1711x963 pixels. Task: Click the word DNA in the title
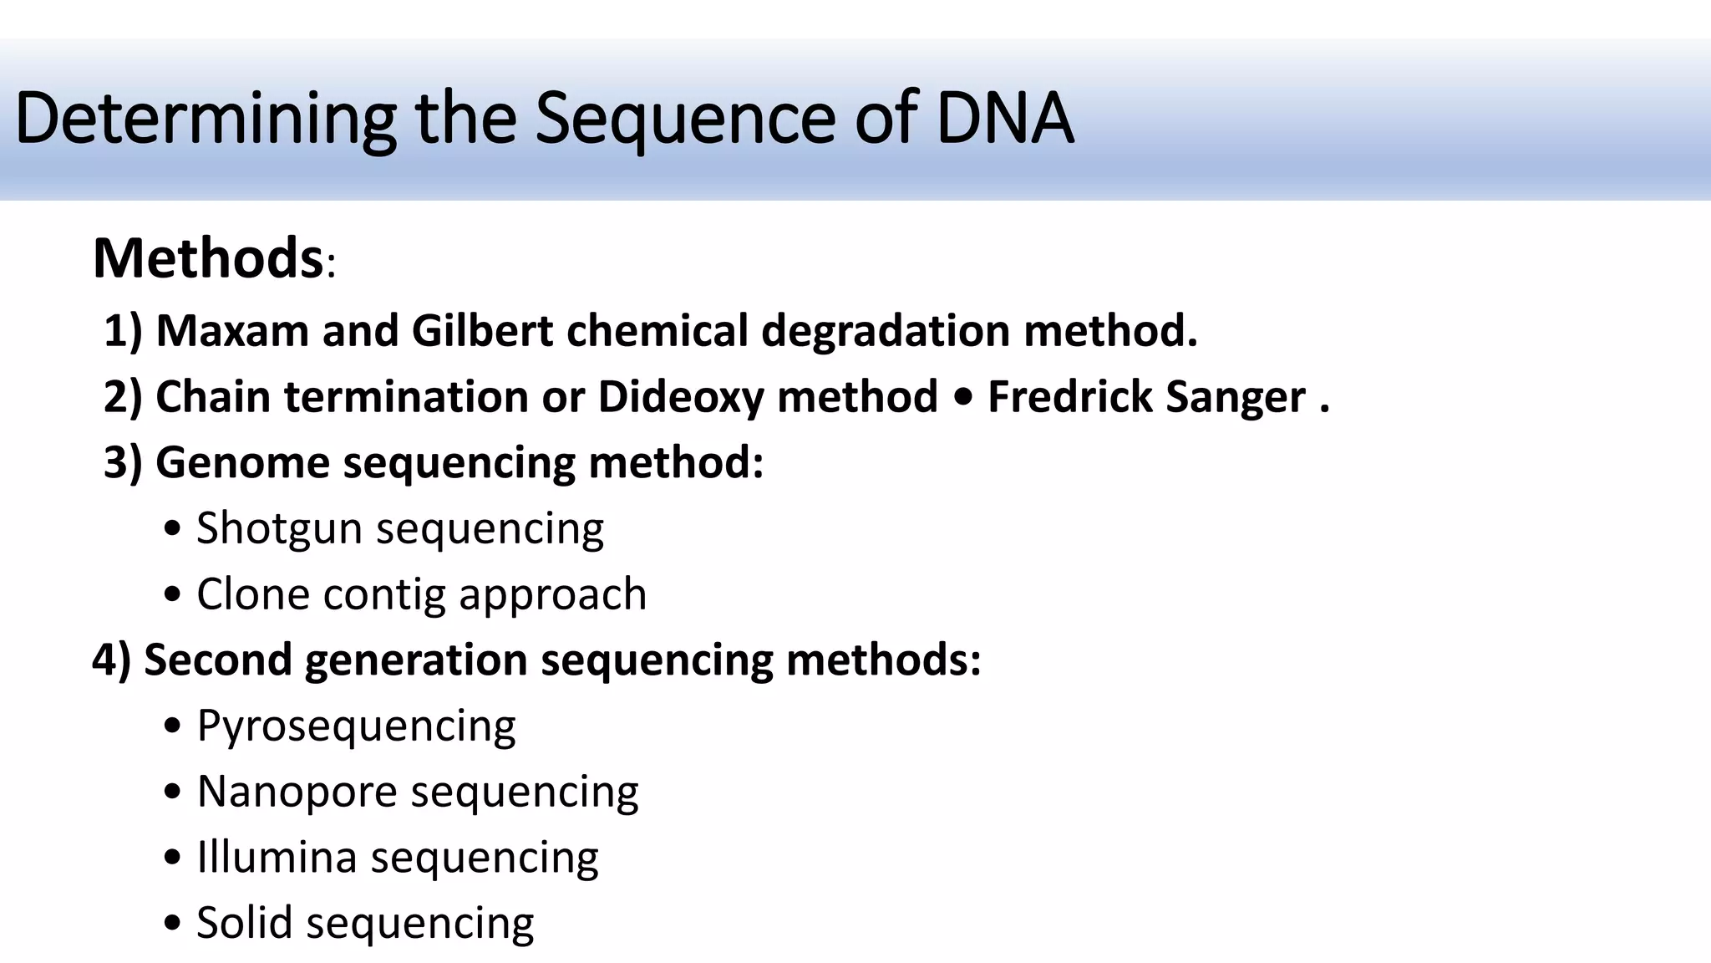click(x=1004, y=118)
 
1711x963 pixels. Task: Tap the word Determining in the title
click(x=206, y=118)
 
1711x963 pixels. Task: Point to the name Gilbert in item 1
click(x=482, y=330)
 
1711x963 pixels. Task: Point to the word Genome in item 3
click(x=242, y=462)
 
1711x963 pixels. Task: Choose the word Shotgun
click(x=279, y=529)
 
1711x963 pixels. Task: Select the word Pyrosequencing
click(x=356, y=726)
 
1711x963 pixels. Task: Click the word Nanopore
click(x=297, y=792)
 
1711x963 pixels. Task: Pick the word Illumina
click(x=277, y=857)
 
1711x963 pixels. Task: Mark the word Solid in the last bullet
click(x=244, y=923)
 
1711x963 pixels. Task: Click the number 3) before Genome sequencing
click(x=123, y=462)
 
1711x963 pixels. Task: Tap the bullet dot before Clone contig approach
click(x=173, y=595)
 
